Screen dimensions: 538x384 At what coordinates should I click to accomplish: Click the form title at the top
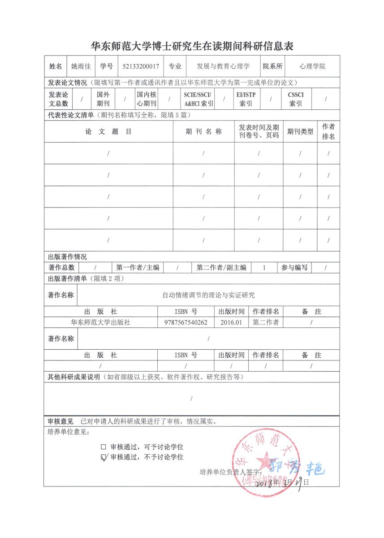coord(192,46)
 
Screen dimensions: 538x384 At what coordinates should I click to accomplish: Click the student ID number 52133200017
coord(141,66)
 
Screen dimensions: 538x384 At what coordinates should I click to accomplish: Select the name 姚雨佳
coord(81,66)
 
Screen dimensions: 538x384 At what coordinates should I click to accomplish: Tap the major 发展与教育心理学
coord(223,66)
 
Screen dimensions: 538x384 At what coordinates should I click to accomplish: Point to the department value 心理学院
coord(313,66)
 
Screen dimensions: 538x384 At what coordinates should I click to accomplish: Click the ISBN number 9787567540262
coord(186,322)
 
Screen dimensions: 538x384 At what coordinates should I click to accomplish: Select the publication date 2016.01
coord(231,322)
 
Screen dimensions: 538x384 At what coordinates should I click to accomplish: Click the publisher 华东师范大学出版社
coord(101,322)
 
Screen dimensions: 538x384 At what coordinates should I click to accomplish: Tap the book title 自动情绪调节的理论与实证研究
coord(208,295)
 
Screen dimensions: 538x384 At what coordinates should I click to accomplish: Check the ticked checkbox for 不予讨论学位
coord(104,457)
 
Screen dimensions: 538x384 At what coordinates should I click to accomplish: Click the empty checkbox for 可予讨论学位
coord(104,447)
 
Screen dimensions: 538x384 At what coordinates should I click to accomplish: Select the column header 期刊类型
coord(300,132)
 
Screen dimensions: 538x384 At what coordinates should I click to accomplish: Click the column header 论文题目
coord(108,132)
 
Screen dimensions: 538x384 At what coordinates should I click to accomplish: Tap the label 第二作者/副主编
coord(221,268)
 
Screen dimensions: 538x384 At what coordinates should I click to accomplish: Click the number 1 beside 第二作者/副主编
coord(264,268)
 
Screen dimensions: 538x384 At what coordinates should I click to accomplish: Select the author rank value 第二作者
coord(266,322)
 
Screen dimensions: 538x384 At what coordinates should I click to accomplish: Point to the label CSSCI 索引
coord(296,99)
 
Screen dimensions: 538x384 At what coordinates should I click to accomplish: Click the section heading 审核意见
coord(60,421)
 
